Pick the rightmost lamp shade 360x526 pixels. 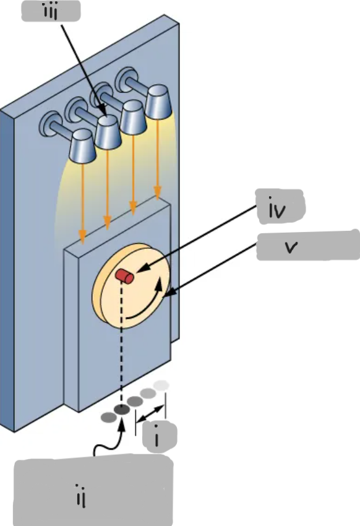click(x=158, y=100)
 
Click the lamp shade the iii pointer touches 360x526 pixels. click(x=108, y=132)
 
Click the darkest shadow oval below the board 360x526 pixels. click(x=121, y=410)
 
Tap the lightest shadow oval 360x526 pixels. click(x=161, y=385)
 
